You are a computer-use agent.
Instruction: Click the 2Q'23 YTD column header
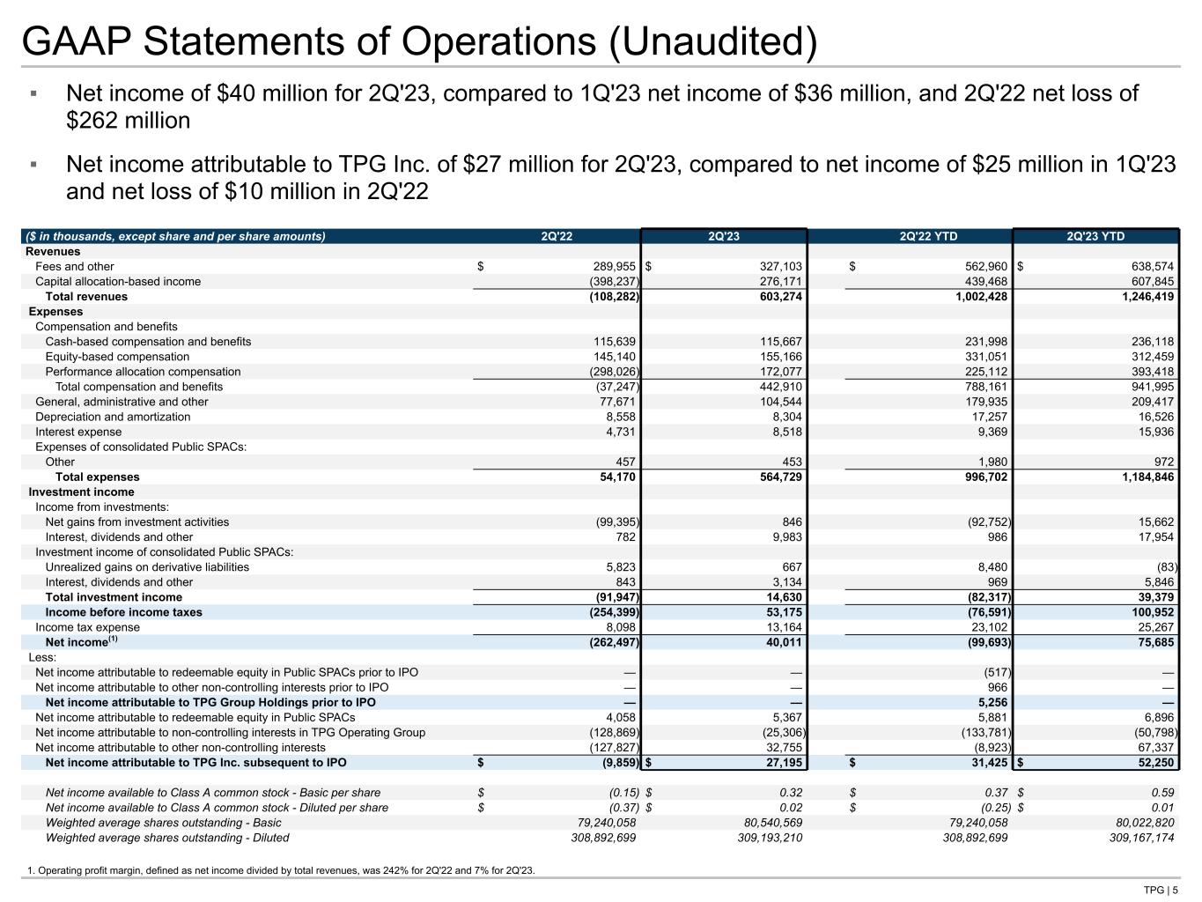click(x=1095, y=236)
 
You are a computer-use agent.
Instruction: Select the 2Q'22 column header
click(x=557, y=236)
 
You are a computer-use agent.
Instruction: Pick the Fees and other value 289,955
click(x=611, y=267)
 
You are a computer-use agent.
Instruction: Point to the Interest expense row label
click(x=78, y=432)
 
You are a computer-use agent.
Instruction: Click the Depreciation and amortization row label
click(x=113, y=417)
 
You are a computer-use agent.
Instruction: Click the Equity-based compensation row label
click(x=117, y=357)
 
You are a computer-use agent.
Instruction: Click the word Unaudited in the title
click(x=712, y=42)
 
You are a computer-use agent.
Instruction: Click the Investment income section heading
click(x=81, y=492)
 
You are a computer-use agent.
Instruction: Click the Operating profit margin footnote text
click(x=281, y=871)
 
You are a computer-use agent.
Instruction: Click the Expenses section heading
click(x=55, y=312)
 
